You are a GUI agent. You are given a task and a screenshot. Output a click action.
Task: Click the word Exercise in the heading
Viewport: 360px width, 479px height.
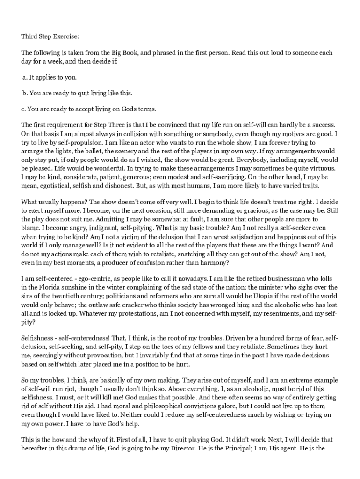tap(65, 36)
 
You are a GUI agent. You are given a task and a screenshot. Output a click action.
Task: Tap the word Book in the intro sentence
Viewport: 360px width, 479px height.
tap(128, 53)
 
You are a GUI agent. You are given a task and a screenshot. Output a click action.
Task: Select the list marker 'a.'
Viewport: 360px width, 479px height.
tap(25, 77)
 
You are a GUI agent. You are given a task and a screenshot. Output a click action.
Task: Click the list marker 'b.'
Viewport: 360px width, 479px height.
tap(25, 93)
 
